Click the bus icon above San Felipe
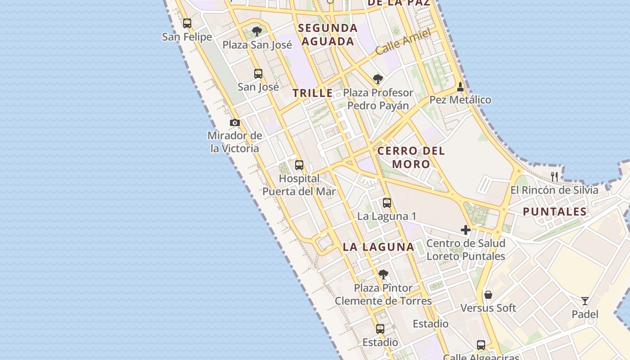click(187, 23)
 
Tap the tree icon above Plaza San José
click(257, 31)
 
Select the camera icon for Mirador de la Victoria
click(234, 123)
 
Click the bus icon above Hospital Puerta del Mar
click(299, 165)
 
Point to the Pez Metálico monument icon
click(460, 86)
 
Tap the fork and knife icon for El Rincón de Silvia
click(554, 176)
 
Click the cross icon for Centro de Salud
click(466, 230)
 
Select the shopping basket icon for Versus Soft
click(488, 295)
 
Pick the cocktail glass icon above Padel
click(585, 301)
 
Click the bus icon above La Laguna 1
click(387, 203)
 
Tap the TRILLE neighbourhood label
click(313, 94)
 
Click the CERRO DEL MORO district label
click(411, 157)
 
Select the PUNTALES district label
click(555, 211)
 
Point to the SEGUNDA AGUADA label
click(328, 35)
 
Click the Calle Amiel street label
click(403, 41)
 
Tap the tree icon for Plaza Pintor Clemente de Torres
click(383, 274)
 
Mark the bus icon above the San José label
click(258, 74)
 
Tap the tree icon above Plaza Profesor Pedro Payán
click(378, 79)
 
